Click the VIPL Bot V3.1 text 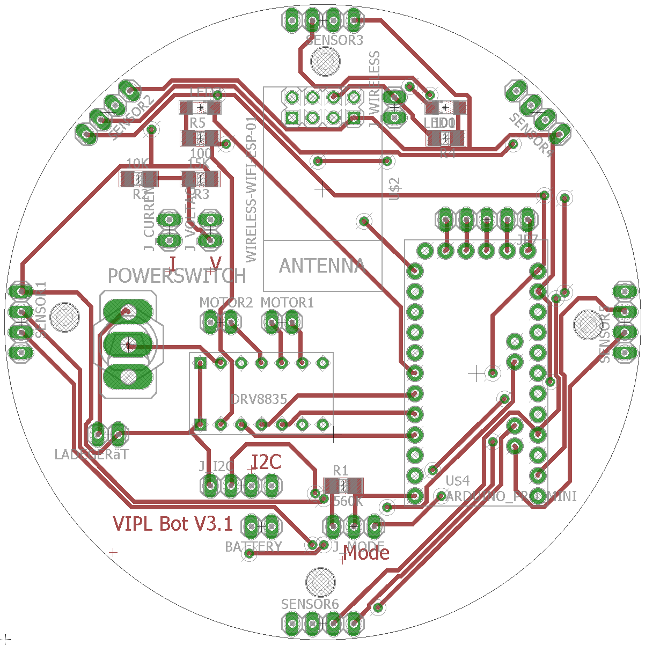pyautogui.click(x=173, y=523)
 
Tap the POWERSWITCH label pyautogui.click(x=177, y=276)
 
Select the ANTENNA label pyautogui.click(x=322, y=266)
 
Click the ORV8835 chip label pyautogui.click(x=259, y=399)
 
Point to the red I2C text pyautogui.click(x=267, y=462)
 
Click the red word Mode pyautogui.click(x=366, y=553)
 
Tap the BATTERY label pyautogui.click(x=253, y=547)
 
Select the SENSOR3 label pyautogui.click(x=334, y=40)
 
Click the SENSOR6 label pyautogui.click(x=310, y=604)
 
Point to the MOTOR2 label pyautogui.click(x=225, y=303)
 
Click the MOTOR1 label pyautogui.click(x=287, y=303)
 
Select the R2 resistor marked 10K pyautogui.click(x=138, y=179)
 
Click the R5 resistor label pyautogui.click(x=197, y=123)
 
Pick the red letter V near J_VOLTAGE pyautogui.click(x=215, y=263)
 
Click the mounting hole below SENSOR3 pyautogui.click(x=325, y=61)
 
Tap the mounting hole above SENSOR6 pyautogui.click(x=320, y=581)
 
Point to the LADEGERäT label pyautogui.click(x=92, y=455)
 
